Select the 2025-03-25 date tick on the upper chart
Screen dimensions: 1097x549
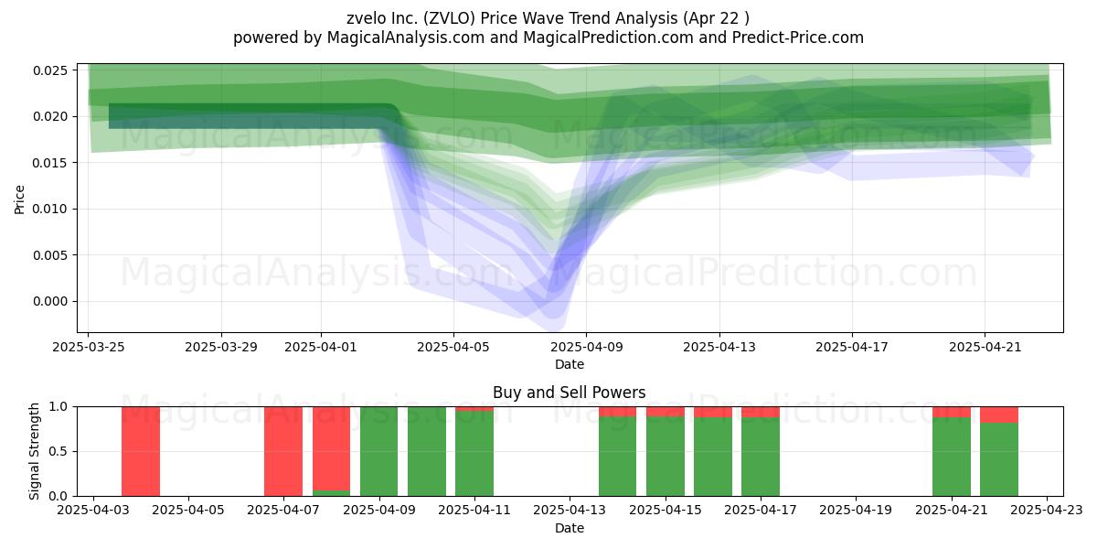tap(89, 347)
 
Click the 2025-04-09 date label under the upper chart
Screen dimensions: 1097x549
tap(587, 347)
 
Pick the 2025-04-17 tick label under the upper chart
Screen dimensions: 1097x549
tap(852, 347)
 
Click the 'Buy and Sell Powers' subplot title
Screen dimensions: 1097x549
tap(569, 393)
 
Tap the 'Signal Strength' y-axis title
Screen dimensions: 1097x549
tap(34, 451)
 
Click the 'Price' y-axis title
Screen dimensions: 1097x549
tap(19, 199)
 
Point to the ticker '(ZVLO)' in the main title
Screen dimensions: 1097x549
tap(450, 18)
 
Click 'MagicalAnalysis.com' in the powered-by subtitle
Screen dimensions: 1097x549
tap(406, 38)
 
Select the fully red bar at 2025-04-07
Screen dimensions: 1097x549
tap(283, 451)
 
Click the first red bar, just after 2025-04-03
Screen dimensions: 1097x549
tap(141, 451)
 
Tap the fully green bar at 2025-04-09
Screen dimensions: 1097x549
tap(379, 451)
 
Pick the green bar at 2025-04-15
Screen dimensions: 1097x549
tap(666, 457)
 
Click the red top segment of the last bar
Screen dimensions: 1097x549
tap(999, 414)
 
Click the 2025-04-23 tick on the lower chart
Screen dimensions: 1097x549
tap(1047, 511)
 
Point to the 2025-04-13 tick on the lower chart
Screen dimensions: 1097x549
tap(570, 511)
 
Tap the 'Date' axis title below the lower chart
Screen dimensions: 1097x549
tap(569, 528)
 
